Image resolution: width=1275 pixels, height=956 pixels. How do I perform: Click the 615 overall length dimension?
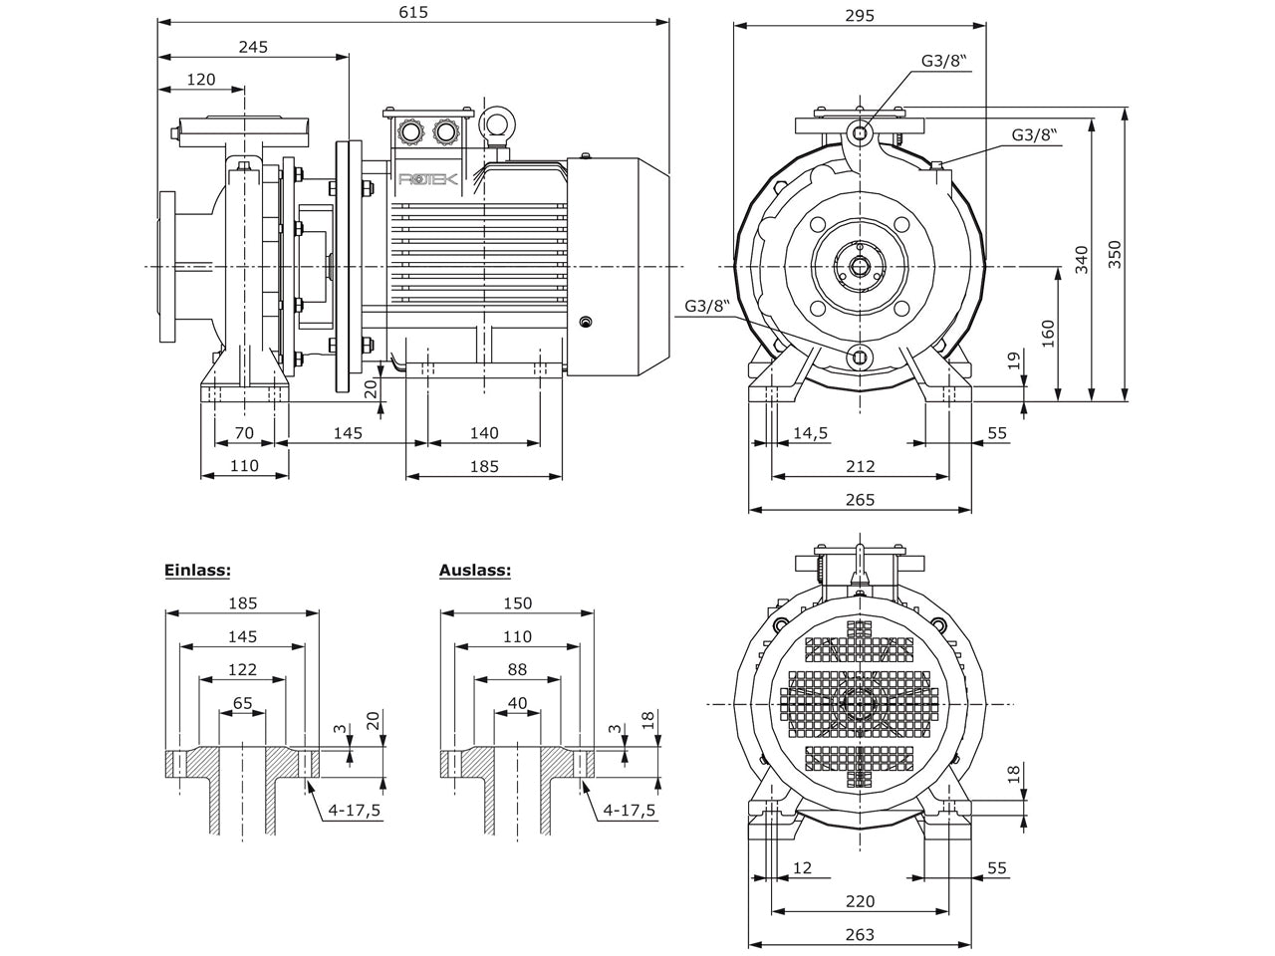coord(413,12)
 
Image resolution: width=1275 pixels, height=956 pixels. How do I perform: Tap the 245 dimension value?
coord(253,47)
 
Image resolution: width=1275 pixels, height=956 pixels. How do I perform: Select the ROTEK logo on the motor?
coord(428,179)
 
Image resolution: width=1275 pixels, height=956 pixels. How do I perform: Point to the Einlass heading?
coord(197,570)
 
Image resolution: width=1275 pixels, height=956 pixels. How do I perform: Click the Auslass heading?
coord(474,570)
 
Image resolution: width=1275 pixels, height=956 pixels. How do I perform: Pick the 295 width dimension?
coord(860,16)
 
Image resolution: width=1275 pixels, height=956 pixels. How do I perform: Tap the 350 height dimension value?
coord(1115,254)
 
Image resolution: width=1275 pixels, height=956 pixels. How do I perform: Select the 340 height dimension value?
coord(1081,260)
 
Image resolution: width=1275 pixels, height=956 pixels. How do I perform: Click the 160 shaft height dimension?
coord(1048,334)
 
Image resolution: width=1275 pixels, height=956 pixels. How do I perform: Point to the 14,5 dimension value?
coord(810,432)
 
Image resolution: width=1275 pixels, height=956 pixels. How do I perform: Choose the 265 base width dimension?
coord(861,499)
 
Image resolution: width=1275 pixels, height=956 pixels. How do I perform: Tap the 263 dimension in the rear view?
coord(861,934)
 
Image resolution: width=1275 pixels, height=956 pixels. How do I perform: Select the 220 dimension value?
coord(861,901)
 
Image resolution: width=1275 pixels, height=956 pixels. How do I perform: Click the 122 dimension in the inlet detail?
coord(242,669)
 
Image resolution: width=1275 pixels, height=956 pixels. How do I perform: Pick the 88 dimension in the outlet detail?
coord(517,669)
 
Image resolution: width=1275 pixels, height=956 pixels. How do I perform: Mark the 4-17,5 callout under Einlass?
coord(355,811)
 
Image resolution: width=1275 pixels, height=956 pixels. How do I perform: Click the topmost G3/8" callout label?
coord(945,61)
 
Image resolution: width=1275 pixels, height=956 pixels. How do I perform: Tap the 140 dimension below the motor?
coord(484,432)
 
